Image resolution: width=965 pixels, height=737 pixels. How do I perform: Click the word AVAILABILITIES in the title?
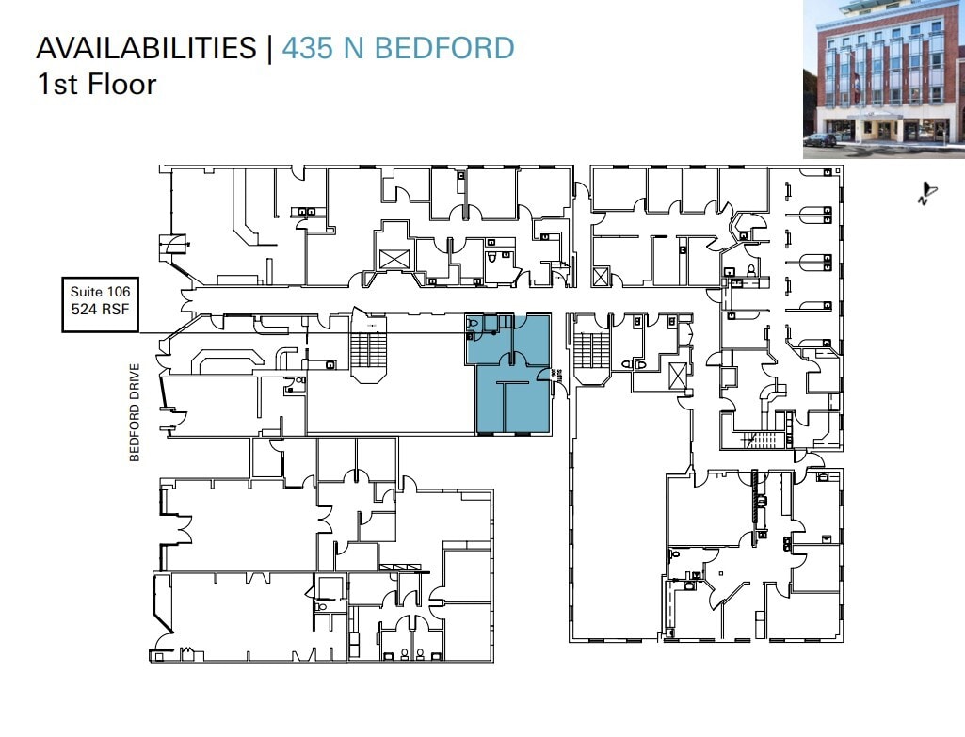coord(146,48)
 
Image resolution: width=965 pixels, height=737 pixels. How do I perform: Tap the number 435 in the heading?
coord(310,48)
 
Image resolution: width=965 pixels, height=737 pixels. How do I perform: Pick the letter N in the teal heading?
coord(354,48)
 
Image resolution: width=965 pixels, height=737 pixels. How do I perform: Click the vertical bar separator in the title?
coord(269,48)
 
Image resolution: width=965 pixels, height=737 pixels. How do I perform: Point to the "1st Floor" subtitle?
coord(96,84)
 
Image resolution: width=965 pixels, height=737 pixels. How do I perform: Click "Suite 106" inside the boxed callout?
coord(100,293)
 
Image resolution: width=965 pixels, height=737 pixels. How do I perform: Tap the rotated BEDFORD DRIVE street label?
coord(135,411)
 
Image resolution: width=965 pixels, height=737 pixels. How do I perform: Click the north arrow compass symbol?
coord(926,193)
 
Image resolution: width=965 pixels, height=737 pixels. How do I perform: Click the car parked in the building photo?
coord(821,139)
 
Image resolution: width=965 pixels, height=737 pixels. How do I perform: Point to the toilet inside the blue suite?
coord(474,324)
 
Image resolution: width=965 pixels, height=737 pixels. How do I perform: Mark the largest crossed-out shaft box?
coord(393,260)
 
